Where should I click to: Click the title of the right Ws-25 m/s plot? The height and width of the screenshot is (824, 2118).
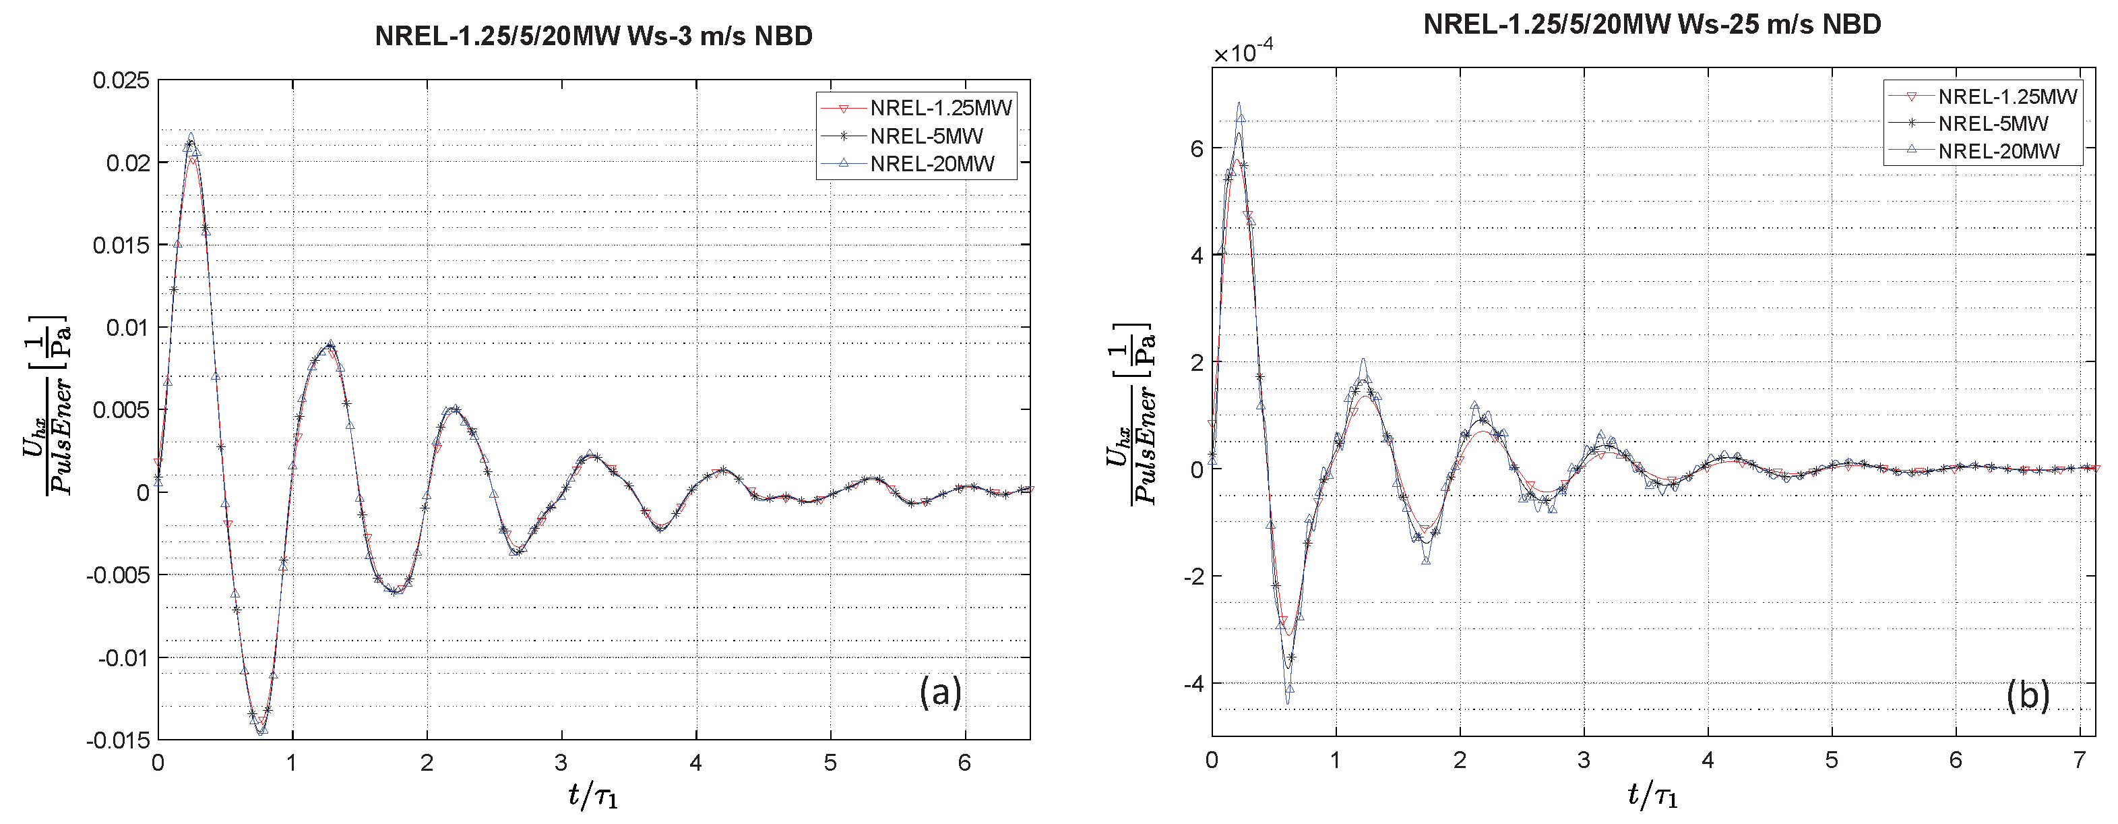click(x=1652, y=25)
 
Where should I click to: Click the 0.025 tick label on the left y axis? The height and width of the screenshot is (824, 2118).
click(x=122, y=81)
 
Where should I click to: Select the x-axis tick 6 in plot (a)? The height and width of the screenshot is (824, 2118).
click(x=964, y=763)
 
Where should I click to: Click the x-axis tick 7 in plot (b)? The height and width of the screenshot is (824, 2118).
click(x=2080, y=759)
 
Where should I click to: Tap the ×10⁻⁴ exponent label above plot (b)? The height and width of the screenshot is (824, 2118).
click(x=1244, y=53)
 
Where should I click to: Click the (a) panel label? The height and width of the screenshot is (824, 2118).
click(x=940, y=693)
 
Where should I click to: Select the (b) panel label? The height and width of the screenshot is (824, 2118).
click(x=2028, y=696)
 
